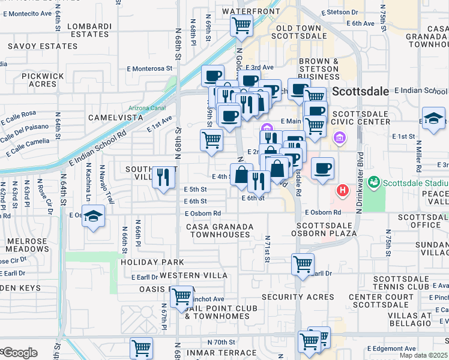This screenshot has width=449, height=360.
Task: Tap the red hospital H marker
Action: click(342, 191)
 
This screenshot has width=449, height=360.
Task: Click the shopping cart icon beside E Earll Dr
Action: click(303, 264)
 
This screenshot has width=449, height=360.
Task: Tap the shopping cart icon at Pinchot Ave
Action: click(181, 297)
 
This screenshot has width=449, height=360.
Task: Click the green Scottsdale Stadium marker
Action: click(373, 181)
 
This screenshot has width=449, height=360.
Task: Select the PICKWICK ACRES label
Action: click(43, 80)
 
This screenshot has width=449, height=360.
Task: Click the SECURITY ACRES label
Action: click(298, 297)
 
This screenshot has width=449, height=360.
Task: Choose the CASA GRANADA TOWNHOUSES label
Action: click(220, 231)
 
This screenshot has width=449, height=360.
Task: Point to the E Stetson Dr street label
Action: click(339, 11)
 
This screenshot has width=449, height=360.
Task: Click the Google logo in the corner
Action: click(19, 353)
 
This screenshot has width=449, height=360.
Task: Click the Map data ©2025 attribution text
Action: click(424, 355)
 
